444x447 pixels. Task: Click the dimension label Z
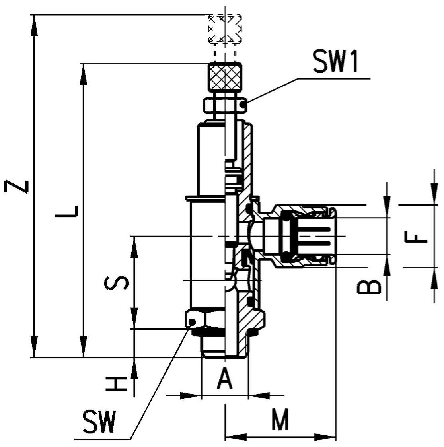16,187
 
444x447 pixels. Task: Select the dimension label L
66,211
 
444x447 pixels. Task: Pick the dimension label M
280,419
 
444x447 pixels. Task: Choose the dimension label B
369,286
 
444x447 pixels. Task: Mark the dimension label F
416,237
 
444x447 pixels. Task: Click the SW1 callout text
336,61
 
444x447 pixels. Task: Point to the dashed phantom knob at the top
225,29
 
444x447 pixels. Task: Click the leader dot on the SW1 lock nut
243,105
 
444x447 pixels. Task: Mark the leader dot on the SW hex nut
193,322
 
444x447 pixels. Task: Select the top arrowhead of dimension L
83,74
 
